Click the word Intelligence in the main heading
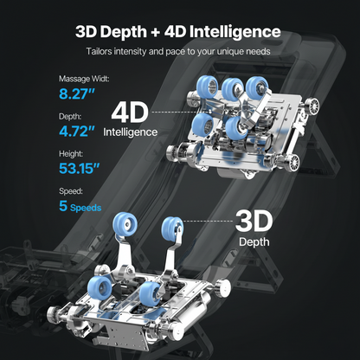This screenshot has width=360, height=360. pyautogui.click(x=235, y=32)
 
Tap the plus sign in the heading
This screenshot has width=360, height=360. pyautogui.click(x=155, y=32)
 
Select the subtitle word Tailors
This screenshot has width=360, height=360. pyautogui.click(x=99, y=52)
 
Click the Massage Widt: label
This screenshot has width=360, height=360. pyautogui.click(x=84, y=79)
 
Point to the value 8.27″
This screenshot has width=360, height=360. pyautogui.click(x=77, y=93)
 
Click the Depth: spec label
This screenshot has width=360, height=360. pyautogui.click(x=70, y=116)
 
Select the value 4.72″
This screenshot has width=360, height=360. pyautogui.click(x=77, y=132)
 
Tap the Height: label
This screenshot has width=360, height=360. pyautogui.click(x=71, y=154)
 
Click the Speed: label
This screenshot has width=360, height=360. pyautogui.click(x=71, y=191)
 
